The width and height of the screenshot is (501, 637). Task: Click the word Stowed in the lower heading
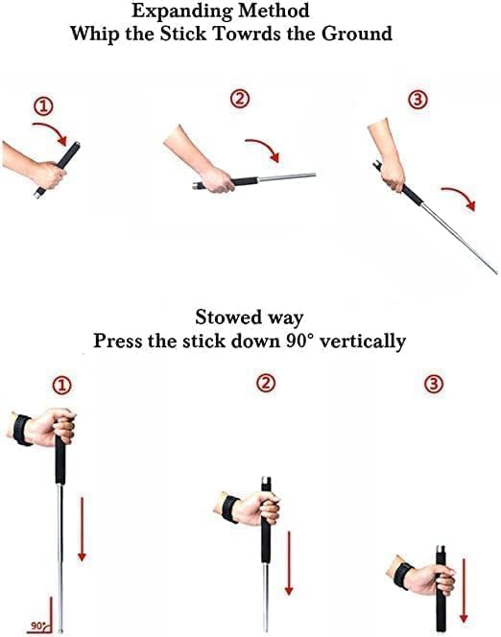pyautogui.click(x=230, y=318)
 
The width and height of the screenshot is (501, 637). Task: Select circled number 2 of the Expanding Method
pyautogui.click(x=240, y=98)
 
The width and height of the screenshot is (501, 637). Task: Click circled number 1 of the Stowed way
pyautogui.click(x=61, y=385)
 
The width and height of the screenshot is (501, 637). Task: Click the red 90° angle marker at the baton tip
pyautogui.click(x=39, y=625)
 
